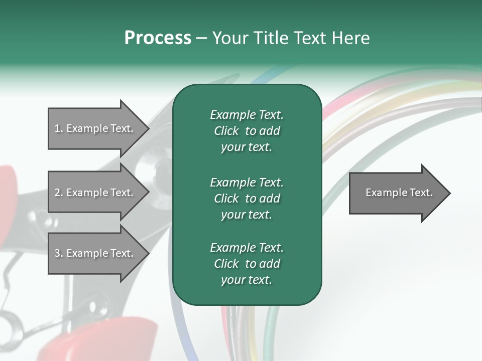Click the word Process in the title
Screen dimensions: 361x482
pos(158,38)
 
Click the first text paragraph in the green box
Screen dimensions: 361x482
pos(247,131)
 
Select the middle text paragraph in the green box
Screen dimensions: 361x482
pos(247,199)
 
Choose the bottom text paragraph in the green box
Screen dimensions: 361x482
pos(247,264)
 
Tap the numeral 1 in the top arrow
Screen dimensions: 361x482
pos(57,128)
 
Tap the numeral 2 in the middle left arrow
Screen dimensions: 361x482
pos(57,193)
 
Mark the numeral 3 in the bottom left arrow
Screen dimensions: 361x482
pos(57,253)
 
